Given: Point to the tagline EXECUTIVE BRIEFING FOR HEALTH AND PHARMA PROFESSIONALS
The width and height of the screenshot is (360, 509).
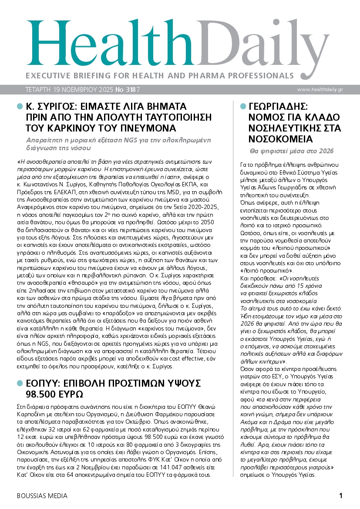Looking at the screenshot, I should point(160,75).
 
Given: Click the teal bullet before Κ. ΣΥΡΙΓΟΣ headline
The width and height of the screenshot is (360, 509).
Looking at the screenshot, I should point(19,106).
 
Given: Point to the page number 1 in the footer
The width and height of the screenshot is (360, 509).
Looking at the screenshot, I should point(341,496).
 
